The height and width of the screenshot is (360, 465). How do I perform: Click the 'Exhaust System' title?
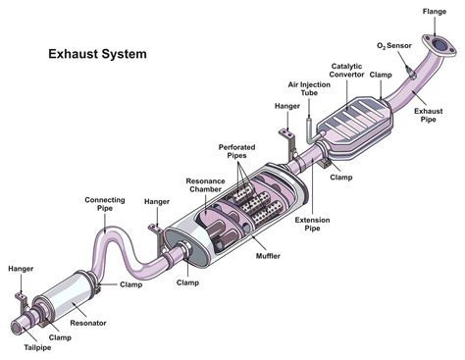coord(97,54)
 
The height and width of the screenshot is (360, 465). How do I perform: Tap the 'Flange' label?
coord(435,11)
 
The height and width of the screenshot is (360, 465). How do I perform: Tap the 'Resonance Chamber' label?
coord(206,186)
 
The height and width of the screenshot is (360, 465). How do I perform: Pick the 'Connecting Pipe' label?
coord(104,204)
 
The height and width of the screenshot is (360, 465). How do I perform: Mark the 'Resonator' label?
coord(88,322)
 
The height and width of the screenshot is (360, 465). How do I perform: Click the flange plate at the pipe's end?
coord(433,46)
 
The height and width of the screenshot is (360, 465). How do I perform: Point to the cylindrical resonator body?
coord(64,296)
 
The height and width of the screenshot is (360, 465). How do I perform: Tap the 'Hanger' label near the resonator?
coord(21,268)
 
